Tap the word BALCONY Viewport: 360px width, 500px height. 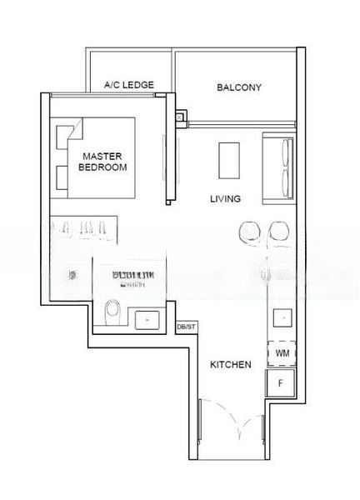coord(239,87)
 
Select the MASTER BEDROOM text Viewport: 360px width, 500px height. coord(102,162)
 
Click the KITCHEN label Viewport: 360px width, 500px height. coord(230,364)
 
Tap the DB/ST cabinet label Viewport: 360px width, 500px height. coord(187,327)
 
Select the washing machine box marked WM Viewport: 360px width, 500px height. coord(282,353)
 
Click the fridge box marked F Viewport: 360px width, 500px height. coord(281,383)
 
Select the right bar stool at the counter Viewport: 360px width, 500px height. coord(277,232)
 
